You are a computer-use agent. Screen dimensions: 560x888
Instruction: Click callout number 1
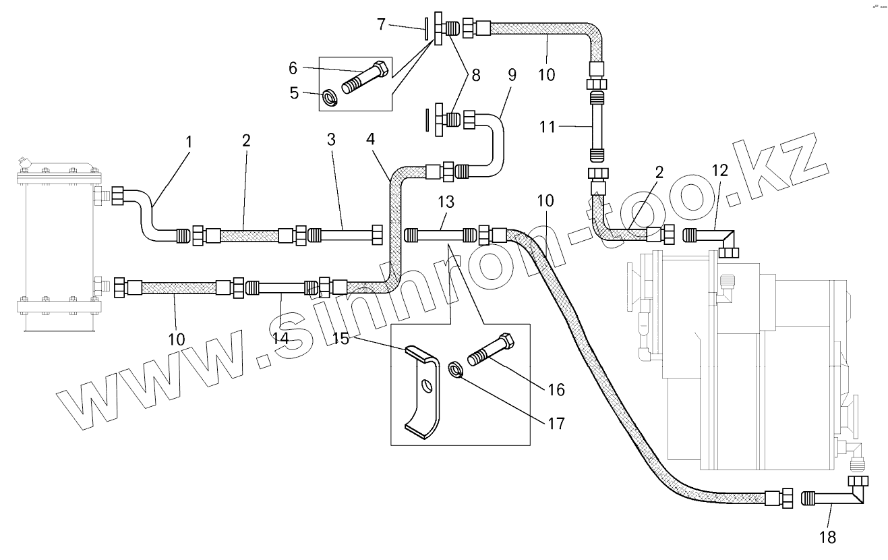pyautogui.click(x=189, y=142)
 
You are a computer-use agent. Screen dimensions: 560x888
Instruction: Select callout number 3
pyautogui.click(x=331, y=140)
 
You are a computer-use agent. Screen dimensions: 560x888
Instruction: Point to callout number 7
pyautogui.click(x=381, y=25)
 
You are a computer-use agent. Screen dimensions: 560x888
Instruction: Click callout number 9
pyautogui.click(x=512, y=74)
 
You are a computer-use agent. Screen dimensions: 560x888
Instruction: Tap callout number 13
pyautogui.click(x=446, y=202)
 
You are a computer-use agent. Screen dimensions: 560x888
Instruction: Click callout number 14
pyautogui.click(x=281, y=337)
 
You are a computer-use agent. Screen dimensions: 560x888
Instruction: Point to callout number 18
pyautogui.click(x=827, y=537)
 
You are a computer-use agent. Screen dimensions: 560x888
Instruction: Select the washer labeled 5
pyautogui.click(x=330, y=98)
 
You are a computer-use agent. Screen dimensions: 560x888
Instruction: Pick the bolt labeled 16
pyautogui.click(x=496, y=352)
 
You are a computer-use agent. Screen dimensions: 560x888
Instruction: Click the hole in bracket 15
pyautogui.click(x=427, y=387)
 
